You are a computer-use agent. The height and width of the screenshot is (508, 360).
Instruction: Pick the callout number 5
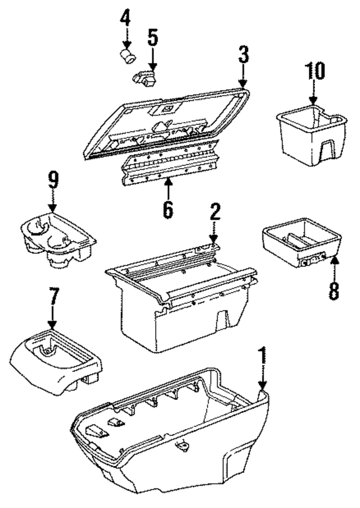pyautogui.click(x=152, y=38)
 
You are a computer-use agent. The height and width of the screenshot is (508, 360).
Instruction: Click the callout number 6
pyautogui.click(x=168, y=209)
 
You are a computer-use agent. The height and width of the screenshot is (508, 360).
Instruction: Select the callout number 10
pyautogui.click(x=315, y=72)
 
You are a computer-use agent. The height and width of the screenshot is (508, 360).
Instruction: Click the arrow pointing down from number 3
pyautogui.click(x=242, y=75)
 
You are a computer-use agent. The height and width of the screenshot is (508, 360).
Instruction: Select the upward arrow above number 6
pyautogui.click(x=168, y=187)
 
